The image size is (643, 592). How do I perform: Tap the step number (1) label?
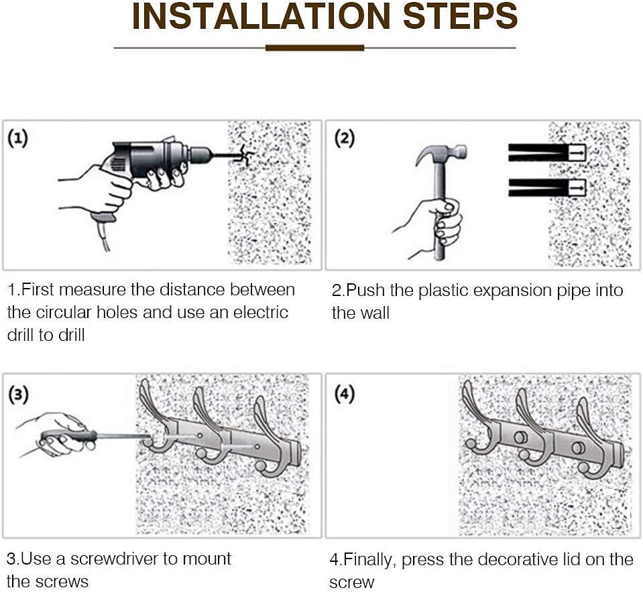pos(18,139)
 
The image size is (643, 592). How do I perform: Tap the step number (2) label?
pos(344,139)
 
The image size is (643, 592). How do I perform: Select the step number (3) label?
pos(18,394)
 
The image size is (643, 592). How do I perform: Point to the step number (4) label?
pos(344,394)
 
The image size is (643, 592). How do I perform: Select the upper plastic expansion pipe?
pos(546,152)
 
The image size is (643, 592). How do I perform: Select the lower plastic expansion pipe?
pos(546,188)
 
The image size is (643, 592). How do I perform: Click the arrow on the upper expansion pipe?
pos(577,152)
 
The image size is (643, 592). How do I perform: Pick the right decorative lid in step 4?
pos(579,447)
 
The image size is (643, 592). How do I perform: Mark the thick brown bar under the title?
pos(314,48)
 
